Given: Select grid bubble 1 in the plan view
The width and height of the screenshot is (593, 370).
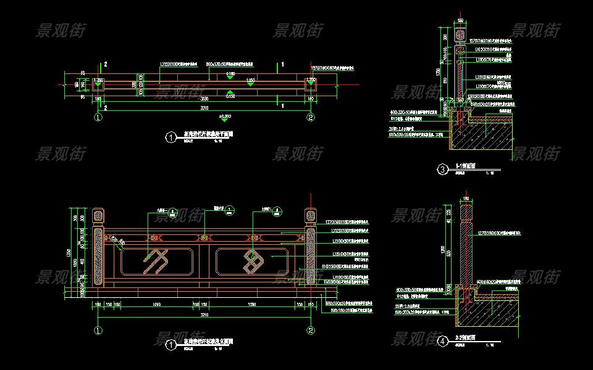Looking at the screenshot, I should [x=98, y=117].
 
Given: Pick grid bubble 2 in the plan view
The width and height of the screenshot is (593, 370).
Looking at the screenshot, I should [x=311, y=117].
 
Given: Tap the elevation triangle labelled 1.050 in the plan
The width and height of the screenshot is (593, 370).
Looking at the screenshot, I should [x=250, y=84].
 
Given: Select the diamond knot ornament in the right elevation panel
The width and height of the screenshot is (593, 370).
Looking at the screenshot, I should [x=253, y=260].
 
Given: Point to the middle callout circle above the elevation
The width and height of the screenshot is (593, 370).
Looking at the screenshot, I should [x=229, y=211].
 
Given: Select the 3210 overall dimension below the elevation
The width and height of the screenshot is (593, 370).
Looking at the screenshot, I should [x=204, y=314].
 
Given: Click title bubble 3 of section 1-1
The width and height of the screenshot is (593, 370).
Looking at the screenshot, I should [x=442, y=169].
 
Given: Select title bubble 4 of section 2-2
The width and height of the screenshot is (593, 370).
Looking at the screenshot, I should [x=442, y=340].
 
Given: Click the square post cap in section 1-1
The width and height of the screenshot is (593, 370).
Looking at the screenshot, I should [x=461, y=36].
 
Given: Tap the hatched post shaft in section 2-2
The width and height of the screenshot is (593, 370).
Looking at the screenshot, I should [x=466, y=247].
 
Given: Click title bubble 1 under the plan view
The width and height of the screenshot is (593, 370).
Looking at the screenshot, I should [x=171, y=138].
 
